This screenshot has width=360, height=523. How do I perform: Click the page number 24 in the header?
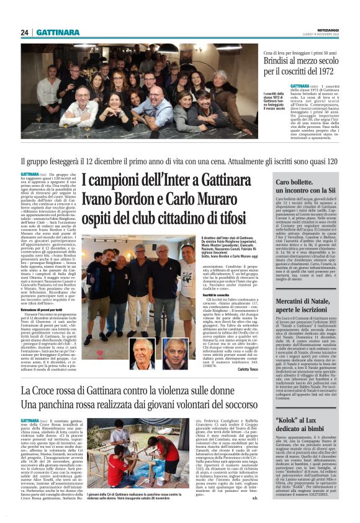click(x=25, y=32)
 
